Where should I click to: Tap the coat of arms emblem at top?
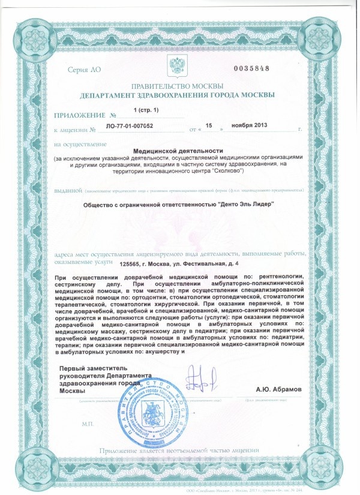coord(180,66)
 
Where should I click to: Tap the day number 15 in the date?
coord(210,127)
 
